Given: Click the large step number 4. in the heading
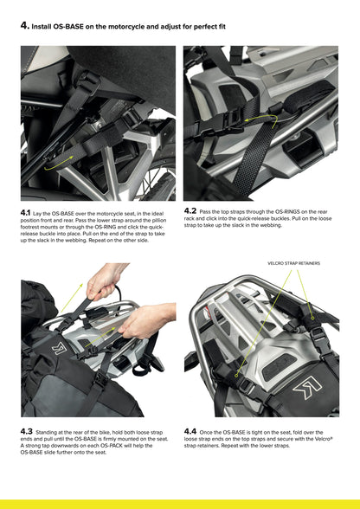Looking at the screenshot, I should (x=24, y=27).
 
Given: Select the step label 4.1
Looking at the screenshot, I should (x=25, y=211).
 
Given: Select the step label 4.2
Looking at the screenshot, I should (x=190, y=209).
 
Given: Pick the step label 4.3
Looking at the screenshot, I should (x=26, y=430).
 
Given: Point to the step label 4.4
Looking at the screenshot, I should (x=190, y=430).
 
